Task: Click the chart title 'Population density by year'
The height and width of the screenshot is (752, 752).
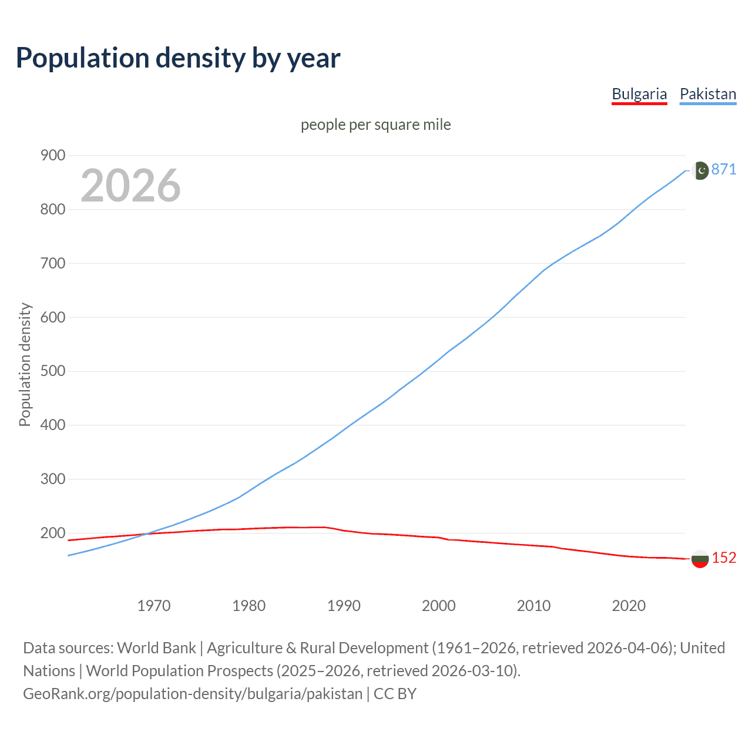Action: tap(178, 58)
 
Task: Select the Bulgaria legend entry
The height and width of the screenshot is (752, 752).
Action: tap(639, 94)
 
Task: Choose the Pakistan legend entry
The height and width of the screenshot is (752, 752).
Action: tap(707, 94)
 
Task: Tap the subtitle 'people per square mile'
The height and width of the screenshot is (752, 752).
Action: tap(375, 125)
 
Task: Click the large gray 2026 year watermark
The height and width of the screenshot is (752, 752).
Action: tap(130, 186)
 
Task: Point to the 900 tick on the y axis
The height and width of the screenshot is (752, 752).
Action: tap(52, 156)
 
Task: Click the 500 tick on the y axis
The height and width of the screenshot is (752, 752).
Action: tap(52, 371)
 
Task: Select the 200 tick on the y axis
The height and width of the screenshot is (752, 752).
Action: tap(52, 533)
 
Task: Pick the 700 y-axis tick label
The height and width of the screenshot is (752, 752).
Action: tap(52, 263)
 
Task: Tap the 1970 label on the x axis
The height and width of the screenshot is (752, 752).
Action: tap(154, 606)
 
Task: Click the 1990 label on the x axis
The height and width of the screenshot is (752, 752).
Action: tap(344, 606)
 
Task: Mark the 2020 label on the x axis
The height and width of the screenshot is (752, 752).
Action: tap(629, 606)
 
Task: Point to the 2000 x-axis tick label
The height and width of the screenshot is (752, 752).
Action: tap(439, 606)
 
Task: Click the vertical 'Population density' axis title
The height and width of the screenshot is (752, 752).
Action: tap(25, 364)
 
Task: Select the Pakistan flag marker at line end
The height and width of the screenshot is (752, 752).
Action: tap(700, 170)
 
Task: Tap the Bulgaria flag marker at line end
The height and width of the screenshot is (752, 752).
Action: tap(700, 559)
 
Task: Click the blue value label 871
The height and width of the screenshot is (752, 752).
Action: tap(723, 170)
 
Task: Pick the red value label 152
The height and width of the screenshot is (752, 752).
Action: tap(724, 558)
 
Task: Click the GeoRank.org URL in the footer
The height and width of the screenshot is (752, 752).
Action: tap(193, 694)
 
